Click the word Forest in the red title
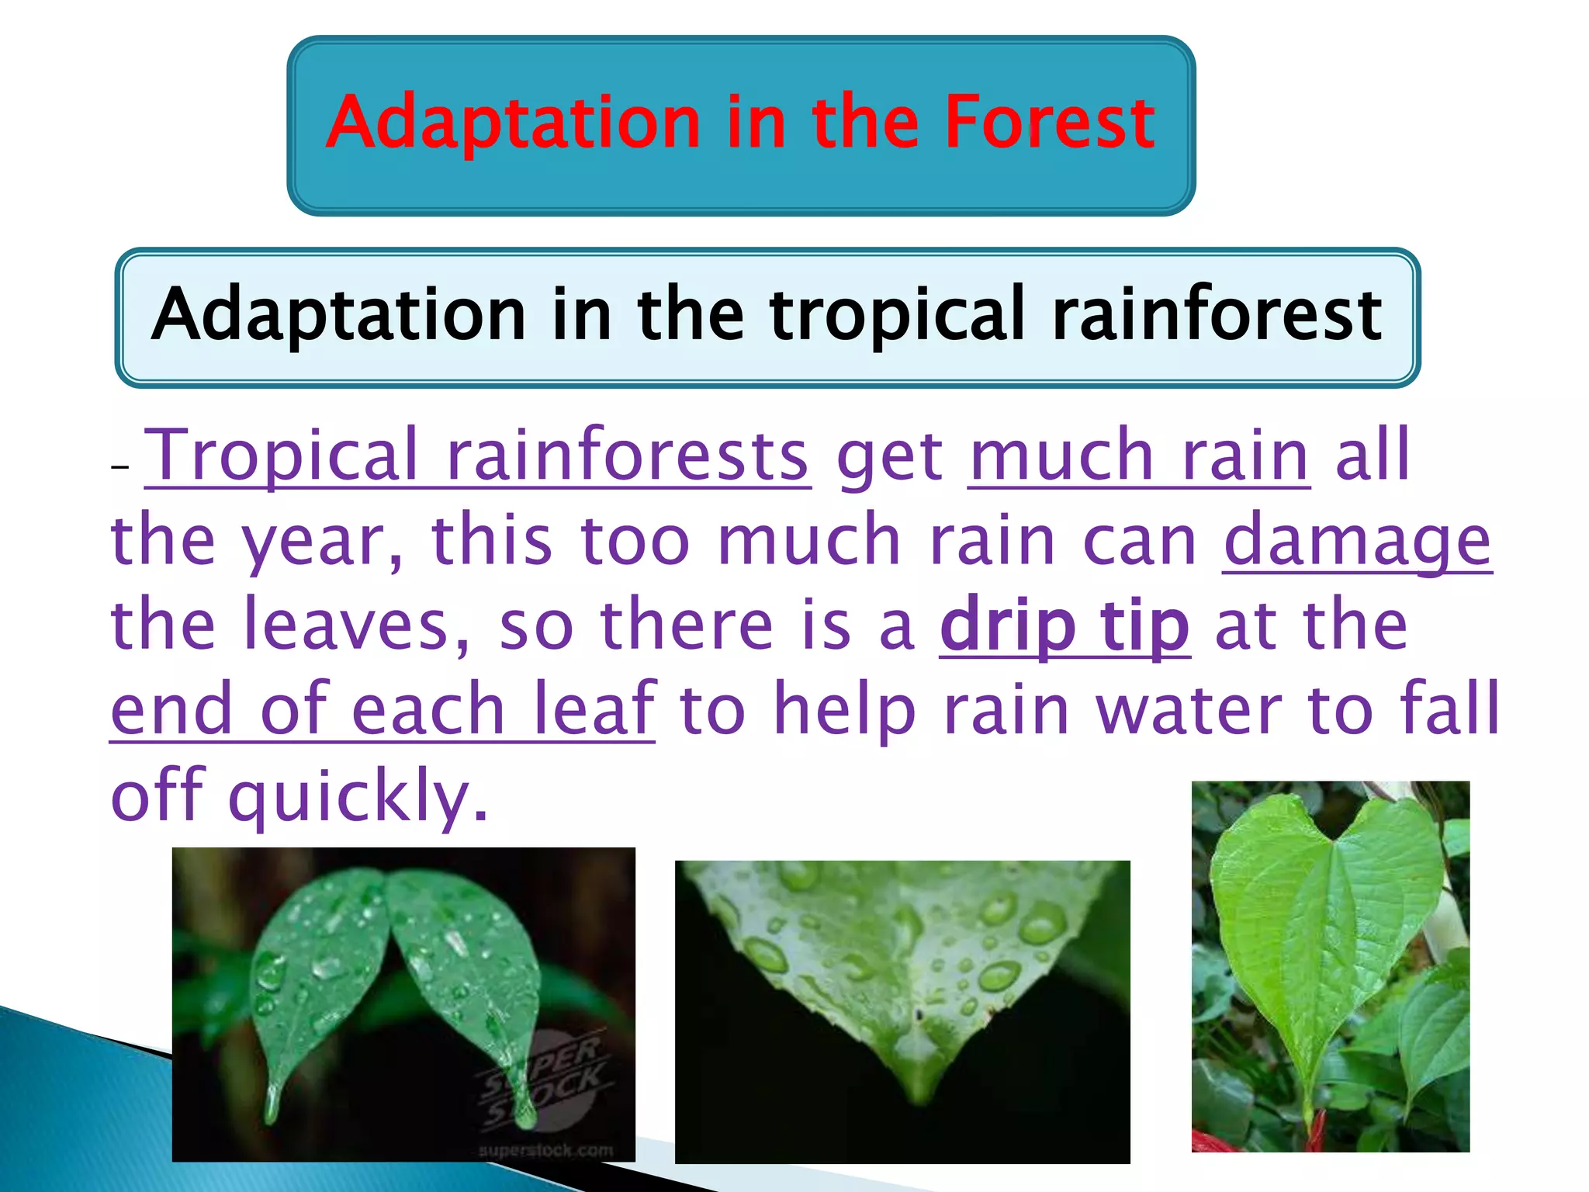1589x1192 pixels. tap(1049, 123)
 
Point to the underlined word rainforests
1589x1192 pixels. tap(628, 456)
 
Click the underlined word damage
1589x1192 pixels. tap(1357, 542)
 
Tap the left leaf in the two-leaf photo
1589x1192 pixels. tap(318, 970)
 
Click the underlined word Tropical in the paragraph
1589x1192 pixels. tap(282, 456)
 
